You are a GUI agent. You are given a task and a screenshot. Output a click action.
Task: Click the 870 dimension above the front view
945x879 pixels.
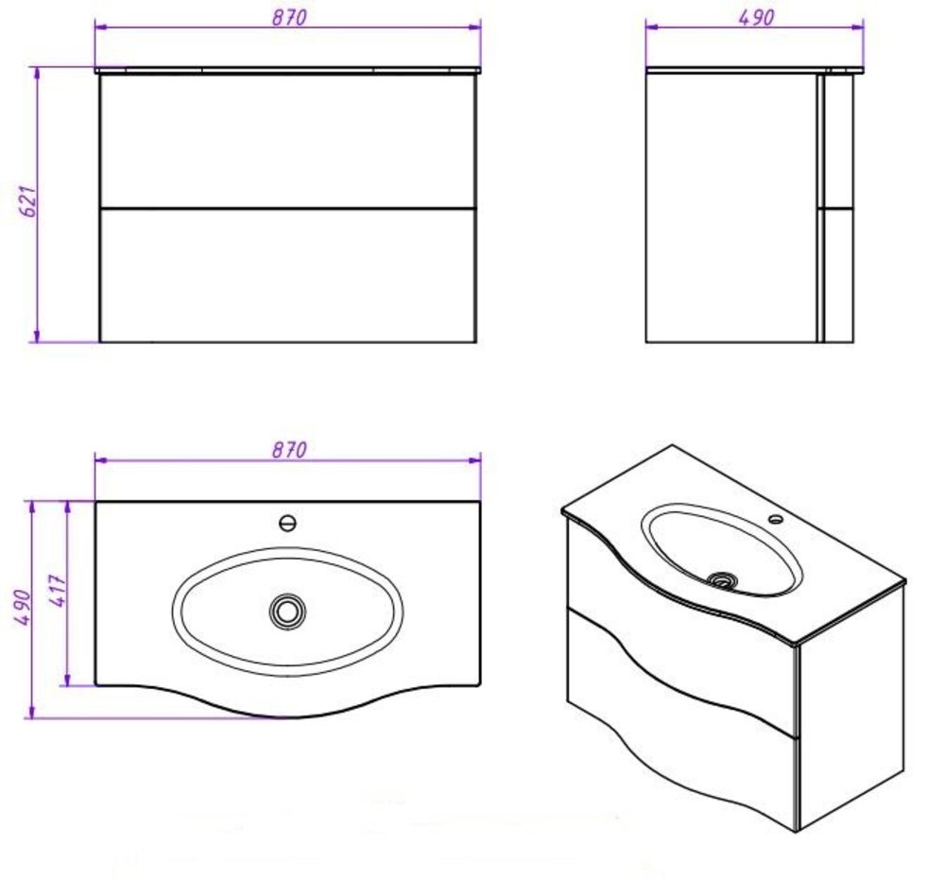tap(289, 17)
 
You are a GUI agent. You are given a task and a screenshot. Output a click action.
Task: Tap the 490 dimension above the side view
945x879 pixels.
tap(756, 17)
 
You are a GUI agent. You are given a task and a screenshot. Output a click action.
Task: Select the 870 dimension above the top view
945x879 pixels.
tap(289, 449)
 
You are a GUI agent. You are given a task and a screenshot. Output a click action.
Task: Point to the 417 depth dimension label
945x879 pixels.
tap(58, 591)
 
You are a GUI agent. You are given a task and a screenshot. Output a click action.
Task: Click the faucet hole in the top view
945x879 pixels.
tap(288, 523)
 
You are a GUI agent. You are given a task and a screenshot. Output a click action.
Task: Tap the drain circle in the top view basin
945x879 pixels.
tap(287, 612)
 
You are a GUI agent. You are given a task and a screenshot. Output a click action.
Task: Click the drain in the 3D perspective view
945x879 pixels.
tap(723, 580)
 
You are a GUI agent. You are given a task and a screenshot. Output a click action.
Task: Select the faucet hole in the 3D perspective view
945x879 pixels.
tap(776, 519)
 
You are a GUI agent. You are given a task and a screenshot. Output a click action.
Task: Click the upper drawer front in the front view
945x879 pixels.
tap(288, 141)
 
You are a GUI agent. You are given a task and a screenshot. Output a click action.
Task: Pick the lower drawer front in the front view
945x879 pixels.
tap(288, 276)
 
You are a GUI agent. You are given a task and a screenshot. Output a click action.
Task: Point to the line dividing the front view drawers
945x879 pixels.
tap(288, 209)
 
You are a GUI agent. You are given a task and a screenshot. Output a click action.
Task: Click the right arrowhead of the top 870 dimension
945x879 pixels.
tap(475, 26)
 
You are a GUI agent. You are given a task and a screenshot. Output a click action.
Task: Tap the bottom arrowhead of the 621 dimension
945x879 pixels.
tap(38, 336)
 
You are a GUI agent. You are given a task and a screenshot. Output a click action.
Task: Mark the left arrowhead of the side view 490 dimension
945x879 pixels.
tap(652, 26)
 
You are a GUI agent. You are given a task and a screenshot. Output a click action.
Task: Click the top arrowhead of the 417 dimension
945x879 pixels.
tap(67, 508)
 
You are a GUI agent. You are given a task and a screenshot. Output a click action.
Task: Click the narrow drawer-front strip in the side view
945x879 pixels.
tap(820, 208)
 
